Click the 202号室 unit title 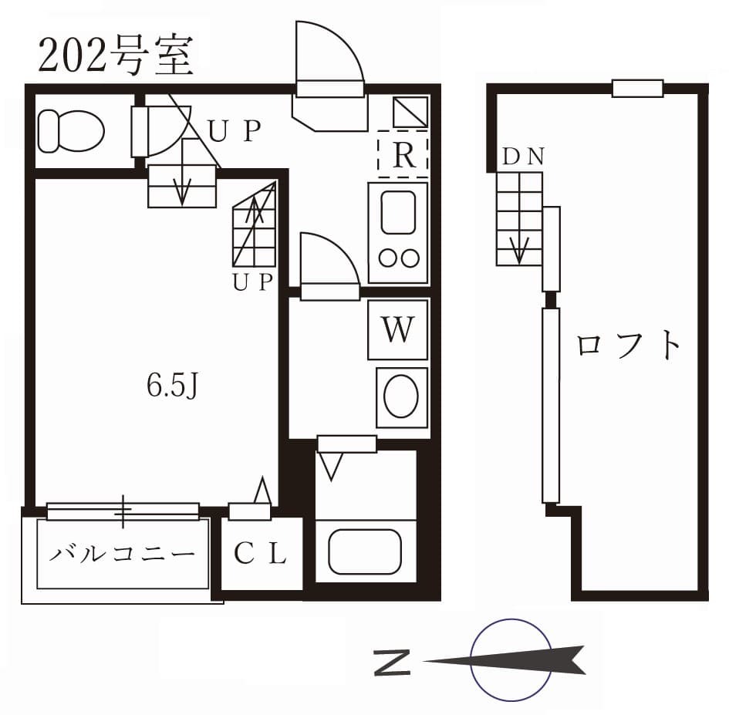pos(116,57)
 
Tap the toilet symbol pos(70,130)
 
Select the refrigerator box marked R pos(403,154)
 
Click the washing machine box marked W pos(397,330)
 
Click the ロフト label pos(629,345)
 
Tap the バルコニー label pos(123,554)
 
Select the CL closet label pos(261,554)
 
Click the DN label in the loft pos(524,157)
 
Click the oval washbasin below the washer pos(401,396)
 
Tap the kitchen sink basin pos(398,212)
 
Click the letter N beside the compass pos(392,662)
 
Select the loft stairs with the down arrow pos(519,218)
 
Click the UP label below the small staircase pos(254,283)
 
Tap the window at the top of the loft pos(637,88)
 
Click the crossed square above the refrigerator pos(410,113)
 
